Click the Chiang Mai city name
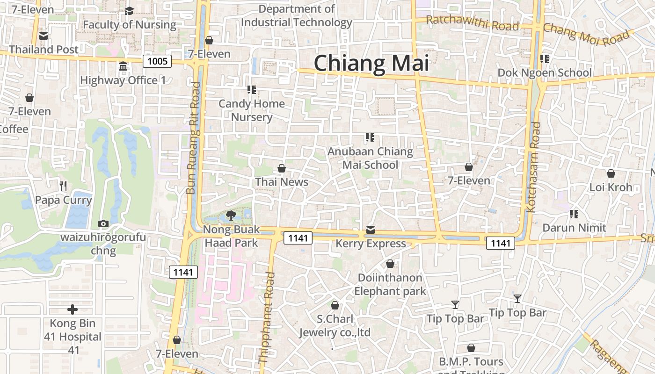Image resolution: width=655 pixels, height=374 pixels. [371, 63]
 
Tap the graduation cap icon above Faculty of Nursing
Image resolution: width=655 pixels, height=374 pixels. [130, 11]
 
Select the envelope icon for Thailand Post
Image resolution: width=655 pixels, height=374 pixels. [44, 36]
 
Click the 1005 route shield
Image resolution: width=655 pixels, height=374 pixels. [157, 61]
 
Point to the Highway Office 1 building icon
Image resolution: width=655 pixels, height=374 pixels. [123, 66]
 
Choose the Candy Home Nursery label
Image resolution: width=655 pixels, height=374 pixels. [252, 110]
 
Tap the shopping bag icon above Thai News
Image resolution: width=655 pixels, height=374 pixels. [282, 168]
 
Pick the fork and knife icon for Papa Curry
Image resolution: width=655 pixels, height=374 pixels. [64, 186]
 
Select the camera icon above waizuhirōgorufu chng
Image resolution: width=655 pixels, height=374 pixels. [103, 223]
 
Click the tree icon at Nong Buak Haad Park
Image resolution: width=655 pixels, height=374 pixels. [231, 216]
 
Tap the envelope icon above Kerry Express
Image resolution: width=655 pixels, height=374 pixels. [371, 230]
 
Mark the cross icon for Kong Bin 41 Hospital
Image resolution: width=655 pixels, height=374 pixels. [73, 309]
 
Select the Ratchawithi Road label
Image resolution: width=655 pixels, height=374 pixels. [473, 22]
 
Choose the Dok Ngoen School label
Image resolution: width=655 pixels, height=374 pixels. [545, 73]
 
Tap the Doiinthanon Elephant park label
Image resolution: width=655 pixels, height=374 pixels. [390, 284]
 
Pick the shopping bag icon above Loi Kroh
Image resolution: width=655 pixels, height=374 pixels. [611, 174]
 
